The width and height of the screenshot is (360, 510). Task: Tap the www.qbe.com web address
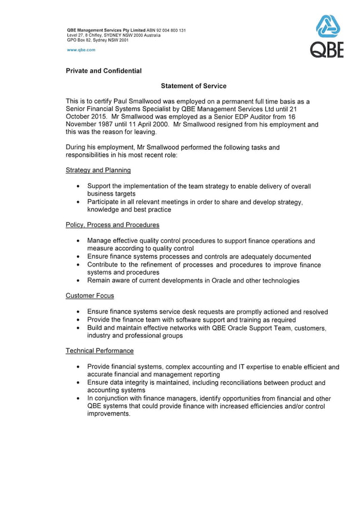(x=81, y=50)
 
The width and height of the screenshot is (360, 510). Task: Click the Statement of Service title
(x=194, y=86)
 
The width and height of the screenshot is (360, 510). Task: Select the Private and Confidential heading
(x=103, y=71)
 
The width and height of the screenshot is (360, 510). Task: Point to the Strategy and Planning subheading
(x=98, y=170)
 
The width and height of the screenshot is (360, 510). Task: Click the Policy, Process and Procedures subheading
(x=112, y=225)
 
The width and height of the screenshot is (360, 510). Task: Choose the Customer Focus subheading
(x=90, y=295)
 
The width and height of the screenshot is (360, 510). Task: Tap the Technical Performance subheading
(x=99, y=351)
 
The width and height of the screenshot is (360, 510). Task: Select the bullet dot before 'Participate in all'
(x=77, y=202)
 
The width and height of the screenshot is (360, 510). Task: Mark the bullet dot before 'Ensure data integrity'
(x=77, y=382)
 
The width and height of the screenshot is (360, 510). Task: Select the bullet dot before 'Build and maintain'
(x=77, y=328)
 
